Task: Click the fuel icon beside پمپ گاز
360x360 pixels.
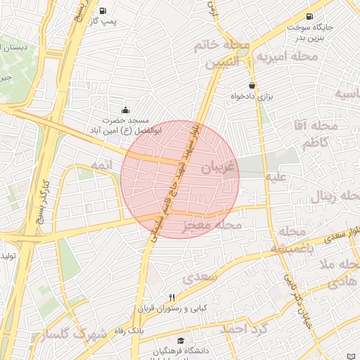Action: point(103,11)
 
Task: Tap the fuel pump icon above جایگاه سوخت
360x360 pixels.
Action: point(309,16)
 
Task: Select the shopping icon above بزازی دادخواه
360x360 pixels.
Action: point(252,85)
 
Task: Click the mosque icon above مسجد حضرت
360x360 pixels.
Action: point(126,110)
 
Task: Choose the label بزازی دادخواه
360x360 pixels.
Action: point(252,96)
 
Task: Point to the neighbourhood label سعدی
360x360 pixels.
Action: point(199,278)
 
